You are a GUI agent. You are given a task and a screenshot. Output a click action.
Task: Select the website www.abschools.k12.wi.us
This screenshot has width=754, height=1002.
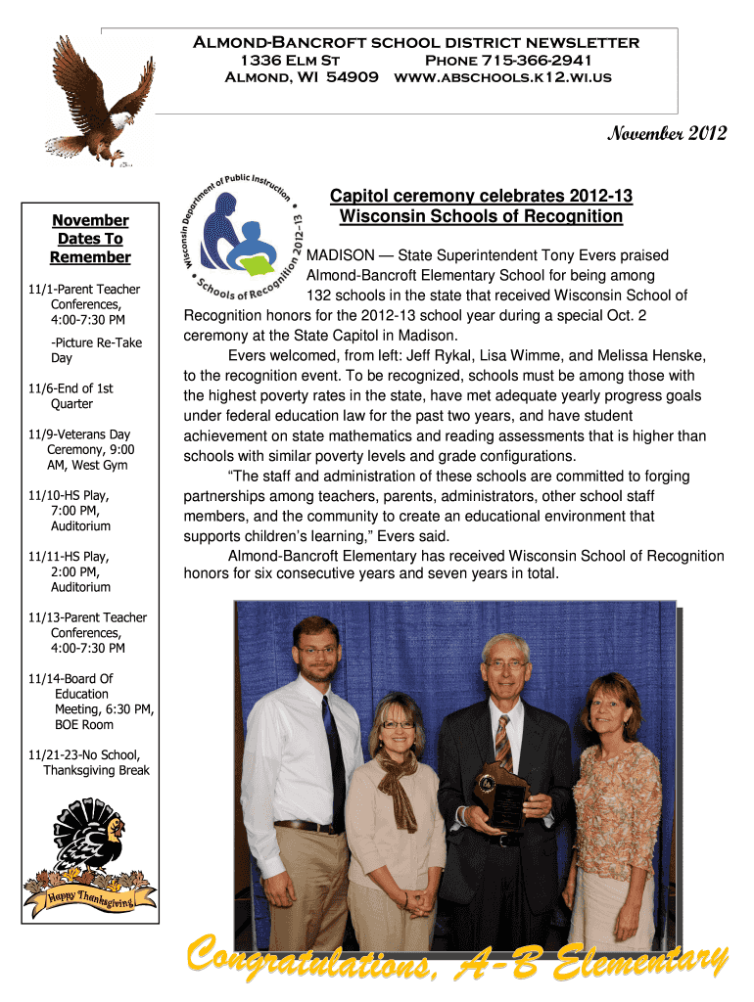tap(502, 76)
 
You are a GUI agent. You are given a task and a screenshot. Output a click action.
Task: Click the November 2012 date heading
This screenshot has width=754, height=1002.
tap(667, 134)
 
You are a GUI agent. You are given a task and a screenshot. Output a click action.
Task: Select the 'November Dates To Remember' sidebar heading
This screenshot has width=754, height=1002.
tap(91, 239)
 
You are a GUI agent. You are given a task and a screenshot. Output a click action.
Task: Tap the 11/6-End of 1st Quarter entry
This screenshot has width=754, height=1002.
tap(71, 395)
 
